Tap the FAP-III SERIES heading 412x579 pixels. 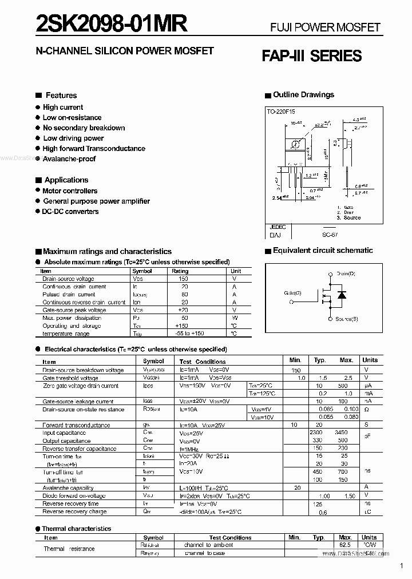[x=311, y=56]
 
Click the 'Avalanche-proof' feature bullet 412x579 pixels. [x=69, y=159]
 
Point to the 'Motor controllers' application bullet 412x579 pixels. [x=70, y=191]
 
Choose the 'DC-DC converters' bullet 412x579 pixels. [x=70, y=211]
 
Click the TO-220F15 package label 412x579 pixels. [x=281, y=113]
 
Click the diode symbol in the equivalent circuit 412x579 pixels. [x=342, y=295]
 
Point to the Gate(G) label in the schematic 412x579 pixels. [x=292, y=293]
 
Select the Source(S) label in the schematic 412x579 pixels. [x=347, y=319]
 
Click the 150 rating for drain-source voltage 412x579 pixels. [x=183, y=279]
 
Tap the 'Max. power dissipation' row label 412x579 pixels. [x=72, y=318]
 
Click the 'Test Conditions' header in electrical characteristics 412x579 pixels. [x=203, y=362]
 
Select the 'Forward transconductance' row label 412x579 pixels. [x=76, y=425]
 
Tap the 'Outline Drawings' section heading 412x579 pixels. [x=303, y=95]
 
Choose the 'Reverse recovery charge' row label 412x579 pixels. [x=74, y=511]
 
